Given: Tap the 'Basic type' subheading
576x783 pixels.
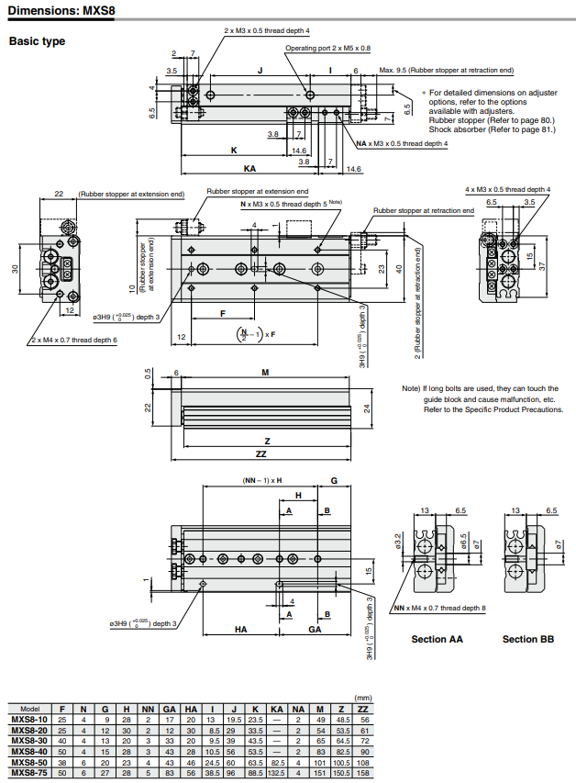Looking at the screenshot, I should click(37, 41).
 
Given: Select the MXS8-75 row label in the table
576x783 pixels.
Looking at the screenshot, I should click(29, 772).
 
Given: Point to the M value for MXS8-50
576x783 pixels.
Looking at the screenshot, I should click(320, 761).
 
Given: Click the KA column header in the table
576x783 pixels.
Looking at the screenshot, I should click(277, 710).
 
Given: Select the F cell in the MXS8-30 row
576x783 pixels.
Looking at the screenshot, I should click(61, 740).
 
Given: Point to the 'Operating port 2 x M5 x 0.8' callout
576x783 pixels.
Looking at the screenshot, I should click(327, 48).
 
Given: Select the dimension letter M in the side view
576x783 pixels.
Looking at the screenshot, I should click(265, 372).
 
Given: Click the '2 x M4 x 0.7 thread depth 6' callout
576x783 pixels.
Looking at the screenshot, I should click(74, 340).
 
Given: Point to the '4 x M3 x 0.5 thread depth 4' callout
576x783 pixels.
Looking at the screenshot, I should click(507, 189).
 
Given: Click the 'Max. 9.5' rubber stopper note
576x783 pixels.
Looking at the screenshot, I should click(446, 70).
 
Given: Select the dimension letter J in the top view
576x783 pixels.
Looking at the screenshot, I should click(260, 70).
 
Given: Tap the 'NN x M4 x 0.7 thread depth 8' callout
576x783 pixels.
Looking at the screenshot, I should click(438, 608).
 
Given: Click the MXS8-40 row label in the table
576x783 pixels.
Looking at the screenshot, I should click(29, 751).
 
